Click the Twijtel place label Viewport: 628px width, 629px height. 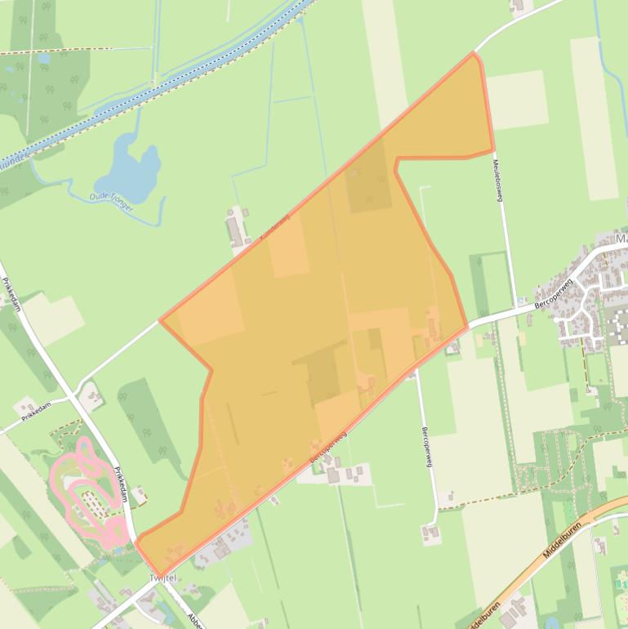[x=163, y=578]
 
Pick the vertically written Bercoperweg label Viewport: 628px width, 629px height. [x=425, y=446]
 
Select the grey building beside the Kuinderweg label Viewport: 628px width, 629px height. [x=236, y=229]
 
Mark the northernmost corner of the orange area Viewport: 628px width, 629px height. [x=473, y=53]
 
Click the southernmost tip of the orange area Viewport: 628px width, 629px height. [x=158, y=574]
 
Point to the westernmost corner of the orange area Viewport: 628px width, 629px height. [x=160, y=319]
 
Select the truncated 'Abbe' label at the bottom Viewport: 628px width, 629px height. [x=194, y=620]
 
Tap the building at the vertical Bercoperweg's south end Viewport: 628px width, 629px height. [x=430, y=533]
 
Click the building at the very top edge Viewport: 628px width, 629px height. [x=518, y=6]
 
